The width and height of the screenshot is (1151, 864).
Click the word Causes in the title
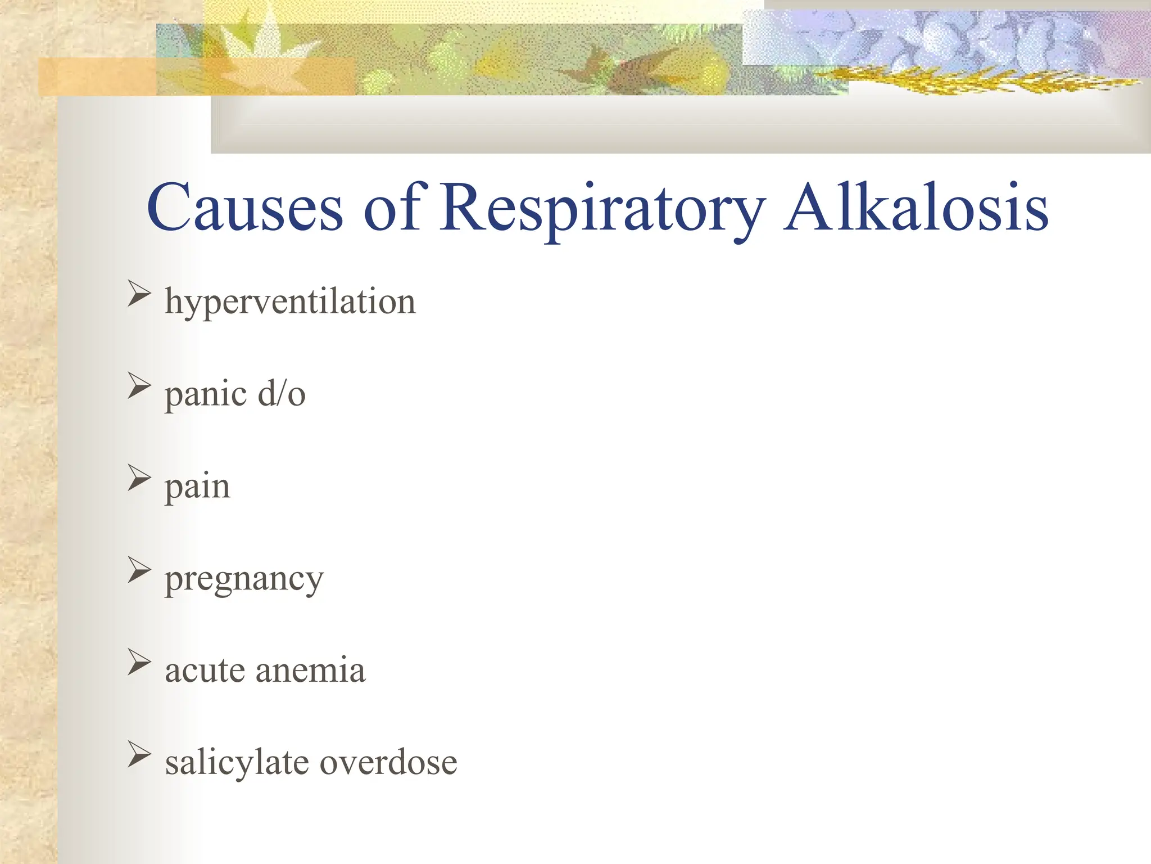[x=244, y=208]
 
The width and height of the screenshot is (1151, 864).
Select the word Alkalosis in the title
[x=916, y=208]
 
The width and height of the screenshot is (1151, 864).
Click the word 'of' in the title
[x=392, y=208]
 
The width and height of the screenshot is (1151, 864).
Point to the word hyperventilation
[x=290, y=302]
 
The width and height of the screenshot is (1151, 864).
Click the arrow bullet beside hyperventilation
[x=139, y=294]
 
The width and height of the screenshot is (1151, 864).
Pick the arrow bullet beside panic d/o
[x=139, y=386]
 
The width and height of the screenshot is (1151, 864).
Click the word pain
[x=197, y=487]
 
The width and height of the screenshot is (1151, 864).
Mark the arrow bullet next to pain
[x=139, y=478]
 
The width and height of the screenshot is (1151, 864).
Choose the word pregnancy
[x=244, y=579]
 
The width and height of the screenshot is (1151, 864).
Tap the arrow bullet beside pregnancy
[x=139, y=570]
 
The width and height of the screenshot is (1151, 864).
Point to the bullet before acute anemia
[x=139, y=662]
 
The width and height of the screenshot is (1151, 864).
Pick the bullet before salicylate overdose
[x=139, y=754]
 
